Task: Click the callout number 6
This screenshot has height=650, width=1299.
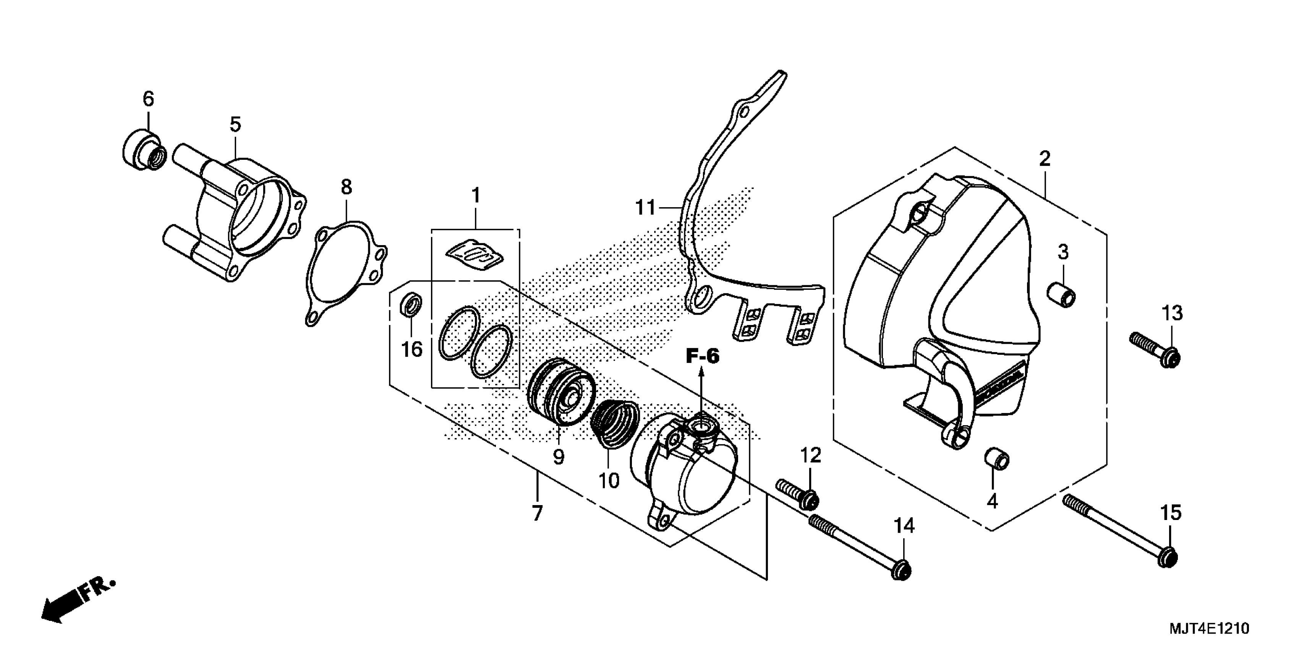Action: click(148, 99)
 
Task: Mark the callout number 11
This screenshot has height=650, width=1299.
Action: click(645, 207)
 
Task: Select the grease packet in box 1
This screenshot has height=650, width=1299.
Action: click(474, 255)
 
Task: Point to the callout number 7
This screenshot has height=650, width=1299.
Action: click(537, 513)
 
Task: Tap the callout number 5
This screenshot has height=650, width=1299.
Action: click(235, 124)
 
